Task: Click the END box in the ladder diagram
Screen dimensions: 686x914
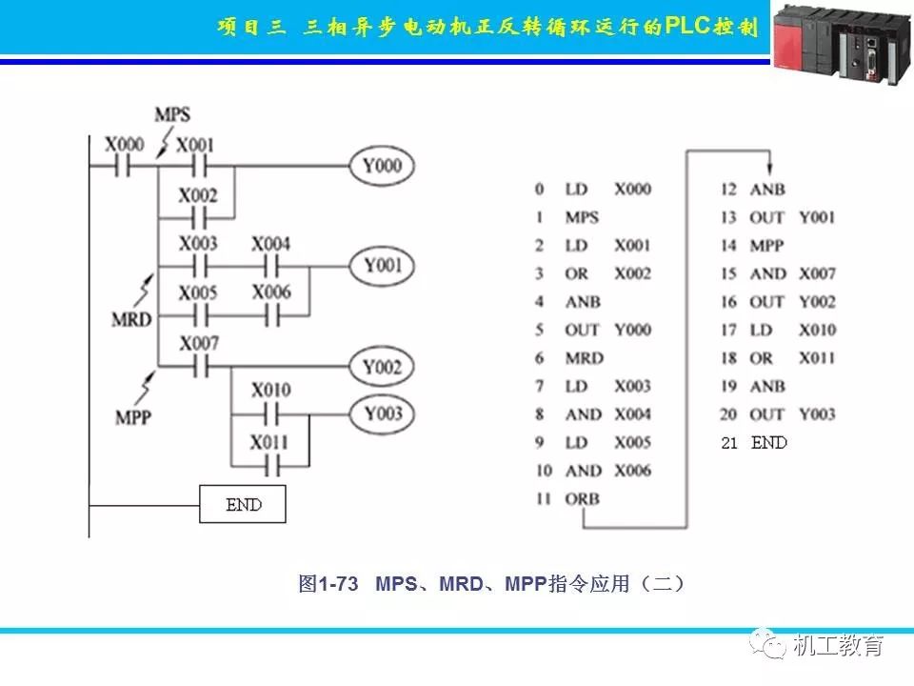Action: click(x=243, y=504)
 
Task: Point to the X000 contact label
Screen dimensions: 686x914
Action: click(x=124, y=145)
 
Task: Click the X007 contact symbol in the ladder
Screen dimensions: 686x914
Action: click(x=198, y=367)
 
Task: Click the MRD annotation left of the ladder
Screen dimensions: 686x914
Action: click(x=131, y=319)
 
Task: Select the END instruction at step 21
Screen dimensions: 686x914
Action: click(x=769, y=442)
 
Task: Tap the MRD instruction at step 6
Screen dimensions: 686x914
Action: click(x=584, y=357)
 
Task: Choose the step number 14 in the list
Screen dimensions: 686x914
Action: click(x=728, y=245)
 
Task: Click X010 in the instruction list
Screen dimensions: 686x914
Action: click(x=817, y=330)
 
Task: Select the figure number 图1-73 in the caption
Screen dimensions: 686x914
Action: click(x=328, y=583)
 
